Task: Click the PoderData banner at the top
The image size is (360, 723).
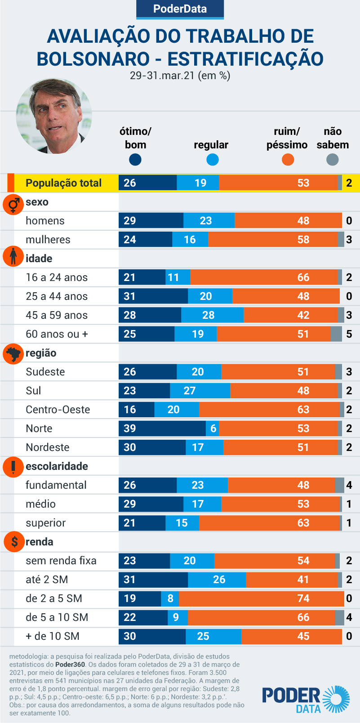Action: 180,9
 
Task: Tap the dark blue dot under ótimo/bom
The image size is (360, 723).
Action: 135,160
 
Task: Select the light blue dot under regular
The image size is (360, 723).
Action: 212,160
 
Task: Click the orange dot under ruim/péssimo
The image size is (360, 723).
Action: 288,160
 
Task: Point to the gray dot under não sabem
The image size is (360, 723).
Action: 332,160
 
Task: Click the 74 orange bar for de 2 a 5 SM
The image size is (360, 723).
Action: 261,598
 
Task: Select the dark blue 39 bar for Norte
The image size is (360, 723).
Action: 162,428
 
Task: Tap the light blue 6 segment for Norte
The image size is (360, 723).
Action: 213,428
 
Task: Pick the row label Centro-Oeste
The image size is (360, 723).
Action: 58,410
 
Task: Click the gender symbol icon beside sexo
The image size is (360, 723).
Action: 13,205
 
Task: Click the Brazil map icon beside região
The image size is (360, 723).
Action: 13,353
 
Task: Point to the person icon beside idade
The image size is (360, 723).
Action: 13,256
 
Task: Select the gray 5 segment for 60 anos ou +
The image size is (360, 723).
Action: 336,334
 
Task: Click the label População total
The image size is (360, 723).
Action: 63,183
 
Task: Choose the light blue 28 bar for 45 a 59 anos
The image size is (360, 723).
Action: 212,315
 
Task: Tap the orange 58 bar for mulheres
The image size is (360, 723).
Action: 273,240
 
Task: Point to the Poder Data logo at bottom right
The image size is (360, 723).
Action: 306,700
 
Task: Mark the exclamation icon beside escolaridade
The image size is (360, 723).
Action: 13,467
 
